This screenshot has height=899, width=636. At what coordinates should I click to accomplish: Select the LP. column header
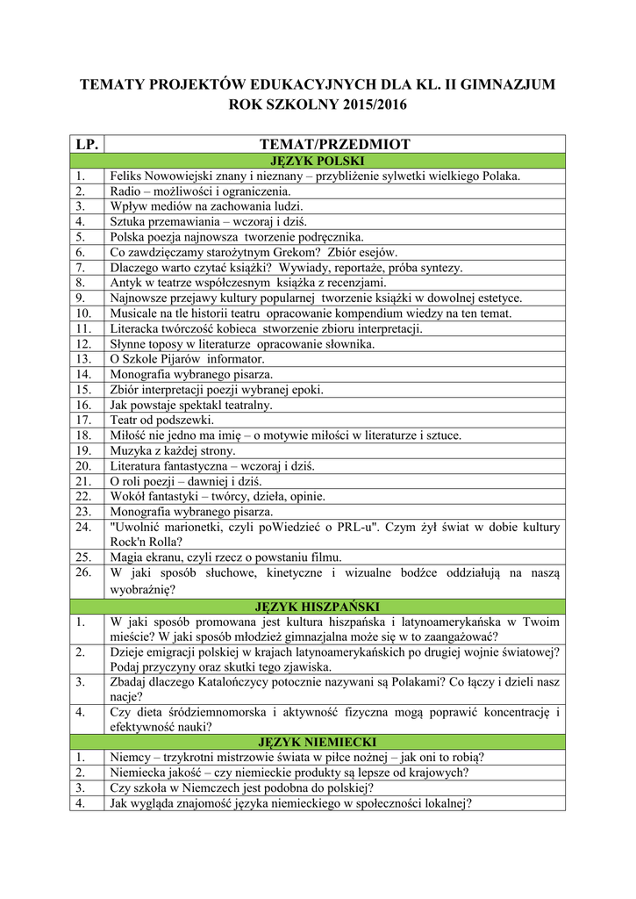point(88,144)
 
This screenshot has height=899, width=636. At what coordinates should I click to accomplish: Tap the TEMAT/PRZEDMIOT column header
point(335,144)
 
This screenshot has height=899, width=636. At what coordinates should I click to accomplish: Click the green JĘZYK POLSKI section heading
point(317,161)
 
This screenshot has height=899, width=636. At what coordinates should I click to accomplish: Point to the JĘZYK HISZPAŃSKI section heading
point(317,607)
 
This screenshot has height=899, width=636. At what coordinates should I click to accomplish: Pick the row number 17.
point(83,420)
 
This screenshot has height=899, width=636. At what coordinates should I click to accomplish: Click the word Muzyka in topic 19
point(130,450)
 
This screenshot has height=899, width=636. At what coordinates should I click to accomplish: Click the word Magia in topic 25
point(126,557)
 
